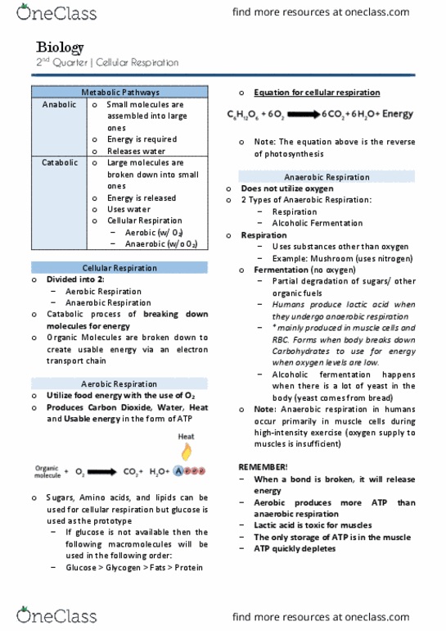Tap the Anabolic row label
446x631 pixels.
pos(59,105)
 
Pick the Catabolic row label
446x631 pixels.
pos(59,163)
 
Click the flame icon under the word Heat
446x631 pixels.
pos(187,451)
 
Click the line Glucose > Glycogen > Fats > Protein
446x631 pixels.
pos(134,567)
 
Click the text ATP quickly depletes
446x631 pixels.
pos(295,548)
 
